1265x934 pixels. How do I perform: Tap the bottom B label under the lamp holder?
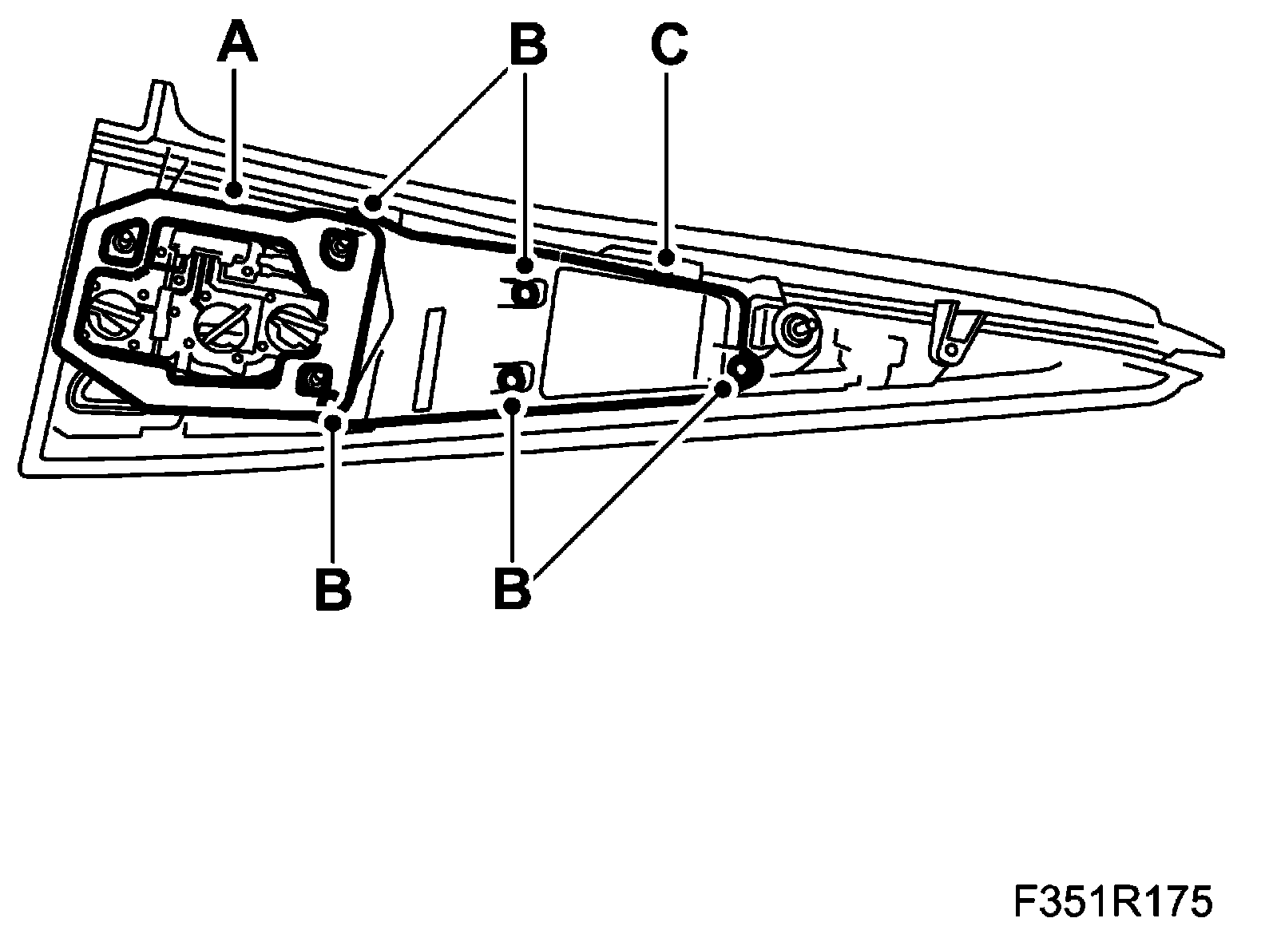(x=333, y=590)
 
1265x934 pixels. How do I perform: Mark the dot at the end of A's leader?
(x=234, y=191)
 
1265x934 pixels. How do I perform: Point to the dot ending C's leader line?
(x=667, y=259)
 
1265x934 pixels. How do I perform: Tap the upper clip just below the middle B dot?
(x=523, y=294)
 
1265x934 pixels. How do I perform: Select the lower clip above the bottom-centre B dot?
(x=514, y=376)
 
